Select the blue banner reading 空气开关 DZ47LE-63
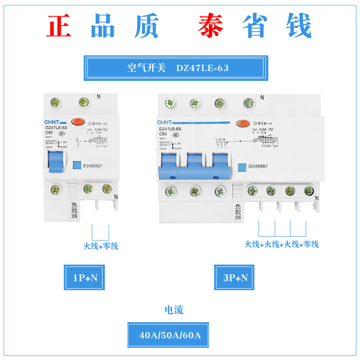tap(176, 68)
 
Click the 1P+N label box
tap(85, 278)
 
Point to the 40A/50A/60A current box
tap(168, 335)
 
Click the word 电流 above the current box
tap(174, 310)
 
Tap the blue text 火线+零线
tap(100, 246)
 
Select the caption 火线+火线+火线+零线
tap(282, 244)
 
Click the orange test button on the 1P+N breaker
tap(79, 122)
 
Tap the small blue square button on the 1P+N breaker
tap(76, 166)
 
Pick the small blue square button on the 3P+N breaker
tap(242, 166)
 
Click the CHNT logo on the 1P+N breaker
tap(52, 122)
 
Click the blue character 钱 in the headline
tap(296, 26)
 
